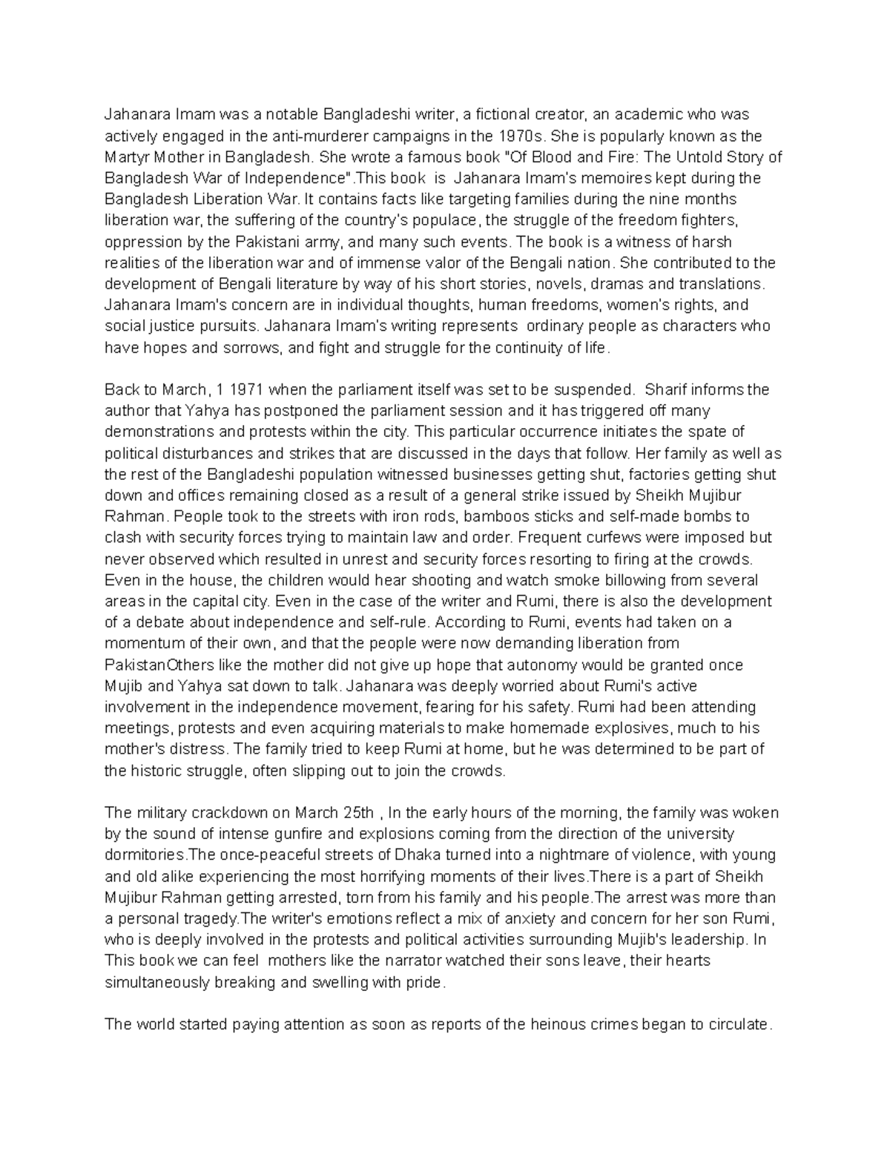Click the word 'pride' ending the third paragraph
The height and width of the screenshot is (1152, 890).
pos(424,982)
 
